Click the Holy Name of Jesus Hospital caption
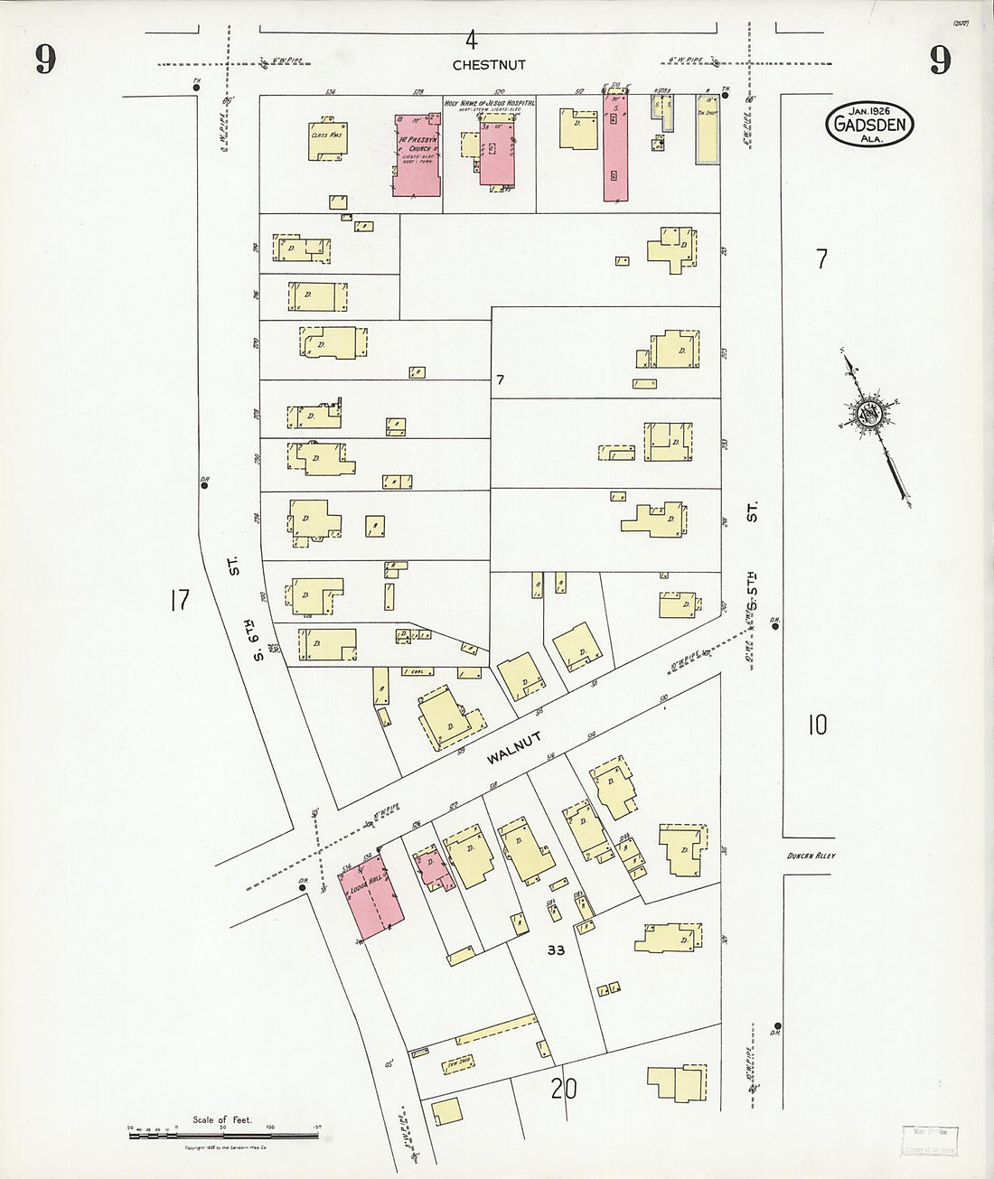point(490,104)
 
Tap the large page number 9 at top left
point(45,60)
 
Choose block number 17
point(178,600)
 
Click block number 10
point(817,725)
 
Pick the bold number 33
point(555,950)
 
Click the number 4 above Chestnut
point(471,40)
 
